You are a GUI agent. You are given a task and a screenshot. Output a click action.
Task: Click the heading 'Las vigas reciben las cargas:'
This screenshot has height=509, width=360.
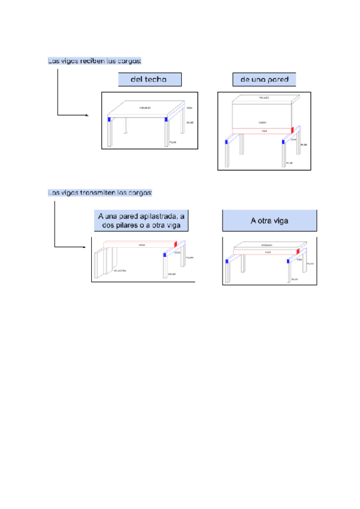point(95,61)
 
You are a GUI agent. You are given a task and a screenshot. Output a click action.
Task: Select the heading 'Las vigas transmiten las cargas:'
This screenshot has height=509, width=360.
point(100,193)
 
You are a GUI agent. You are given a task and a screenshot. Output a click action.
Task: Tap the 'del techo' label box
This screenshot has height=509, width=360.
point(149,79)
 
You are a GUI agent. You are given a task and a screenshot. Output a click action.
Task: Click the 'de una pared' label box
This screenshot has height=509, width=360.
point(264,79)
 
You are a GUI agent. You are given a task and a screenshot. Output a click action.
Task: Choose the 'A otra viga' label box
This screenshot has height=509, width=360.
point(269,220)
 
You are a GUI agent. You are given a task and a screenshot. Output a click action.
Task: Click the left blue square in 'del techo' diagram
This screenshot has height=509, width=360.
point(109,119)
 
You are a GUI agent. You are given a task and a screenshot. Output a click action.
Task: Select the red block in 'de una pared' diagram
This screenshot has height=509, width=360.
point(292,130)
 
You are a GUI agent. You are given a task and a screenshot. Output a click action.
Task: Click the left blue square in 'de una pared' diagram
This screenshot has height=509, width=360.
point(226,142)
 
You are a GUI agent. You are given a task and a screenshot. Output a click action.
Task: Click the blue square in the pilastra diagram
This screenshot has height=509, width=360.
point(164,255)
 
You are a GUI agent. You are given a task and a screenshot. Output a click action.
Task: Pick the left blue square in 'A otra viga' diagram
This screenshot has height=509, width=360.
point(227,261)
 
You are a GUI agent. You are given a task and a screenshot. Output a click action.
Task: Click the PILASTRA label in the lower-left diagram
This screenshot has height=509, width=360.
point(120,271)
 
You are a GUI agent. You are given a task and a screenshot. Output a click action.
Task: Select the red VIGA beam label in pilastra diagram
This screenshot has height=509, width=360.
point(142,245)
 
